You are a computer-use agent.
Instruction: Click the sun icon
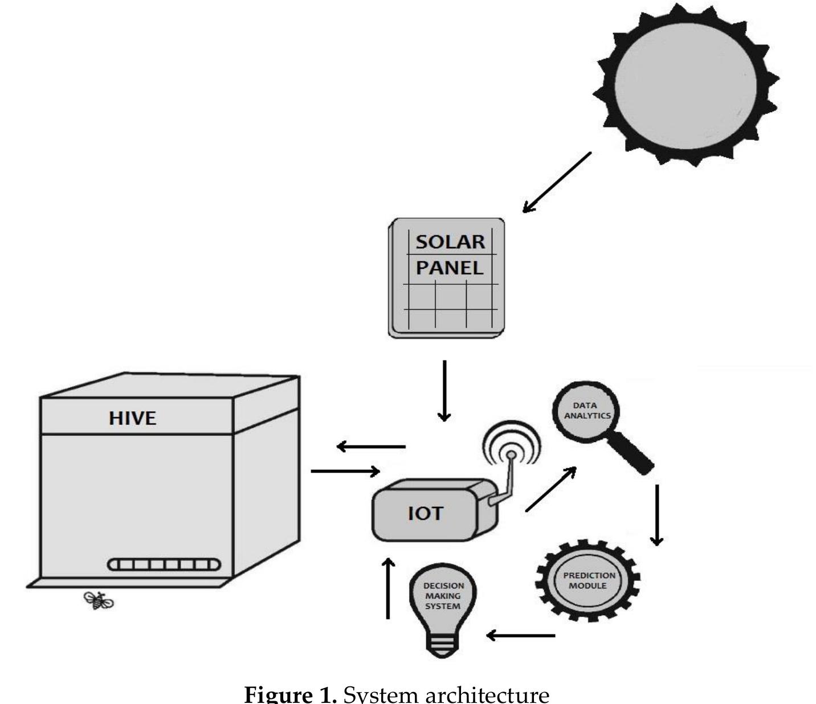point(686,85)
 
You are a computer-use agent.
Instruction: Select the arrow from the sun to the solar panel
point(557,182)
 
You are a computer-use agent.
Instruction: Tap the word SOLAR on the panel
point(450,242)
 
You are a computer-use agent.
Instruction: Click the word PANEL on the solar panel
point(449,268)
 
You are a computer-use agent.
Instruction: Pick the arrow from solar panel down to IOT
point(444,391)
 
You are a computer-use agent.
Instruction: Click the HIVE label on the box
point(132,419)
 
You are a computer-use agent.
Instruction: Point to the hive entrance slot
point(164,564)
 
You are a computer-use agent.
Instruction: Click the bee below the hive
point(99,600)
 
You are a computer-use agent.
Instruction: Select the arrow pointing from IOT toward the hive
point(371,447)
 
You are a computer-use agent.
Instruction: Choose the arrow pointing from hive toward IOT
point(345,471)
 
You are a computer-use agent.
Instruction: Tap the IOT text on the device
point(425,514)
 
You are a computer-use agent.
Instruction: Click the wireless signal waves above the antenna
point(511,442)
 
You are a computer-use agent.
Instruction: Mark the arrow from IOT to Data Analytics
point(550,489)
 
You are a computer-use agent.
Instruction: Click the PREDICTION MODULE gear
point(588,580)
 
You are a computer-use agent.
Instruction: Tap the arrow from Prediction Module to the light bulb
point(520,635)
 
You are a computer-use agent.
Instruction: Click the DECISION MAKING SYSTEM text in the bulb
point(443,596)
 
